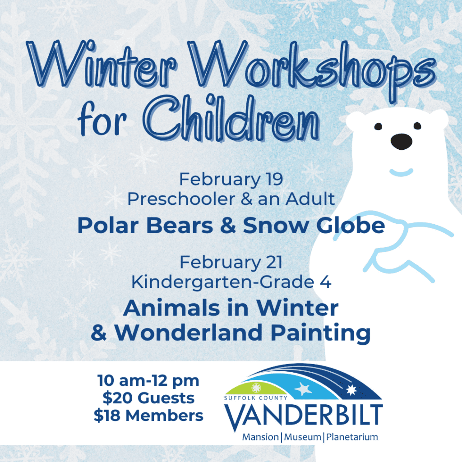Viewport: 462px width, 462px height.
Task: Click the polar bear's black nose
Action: [x=401, y=142]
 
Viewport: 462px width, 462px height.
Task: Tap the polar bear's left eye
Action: [x=378, y=126]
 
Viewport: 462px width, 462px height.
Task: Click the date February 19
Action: [x=231, y=179]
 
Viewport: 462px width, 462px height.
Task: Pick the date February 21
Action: [x=231, y=262]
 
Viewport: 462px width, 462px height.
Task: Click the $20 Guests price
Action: [x=148, y=398]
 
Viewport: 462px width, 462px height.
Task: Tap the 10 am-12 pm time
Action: [x=148, y=380]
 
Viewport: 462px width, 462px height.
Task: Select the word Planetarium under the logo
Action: [x=352, y=437]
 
